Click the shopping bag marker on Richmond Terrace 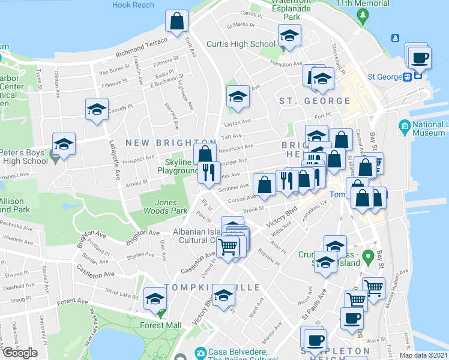pyautogui.click(x=178, y=22)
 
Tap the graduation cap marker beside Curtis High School pyautogui.click(x=289, y=37)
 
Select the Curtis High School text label pyautogui.click(x=241, y=44)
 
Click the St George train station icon pyautogui.click(x=407, y=76)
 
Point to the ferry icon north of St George pyautogui.click(x=395, y=38)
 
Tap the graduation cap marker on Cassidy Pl pyautogui.click(x=97, y=110)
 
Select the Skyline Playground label pyautogui.click(x=178, y=167)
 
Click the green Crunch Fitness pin pyautogui.click(x=372, y=254)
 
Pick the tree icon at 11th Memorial pyautogui.click(x=362, y=14)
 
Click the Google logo pyautogui.click(x=20, y=353)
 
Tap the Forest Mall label pyautogui.click(x=161, y=325)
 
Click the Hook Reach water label pyautogui.click(x=133, y=5)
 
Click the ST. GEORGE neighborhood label pyautogui.click(x=315, y=101)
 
